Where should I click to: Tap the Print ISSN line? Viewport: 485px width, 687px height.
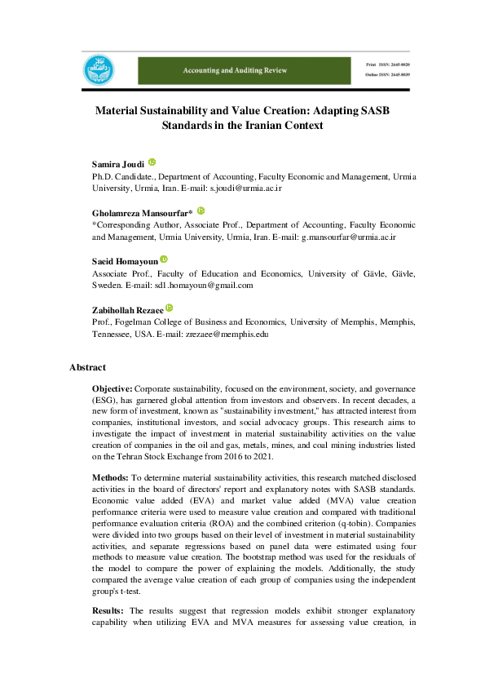[386, 64]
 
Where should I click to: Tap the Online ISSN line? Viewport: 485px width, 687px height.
[386, 75]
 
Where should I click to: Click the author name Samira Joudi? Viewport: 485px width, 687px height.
[117, 164]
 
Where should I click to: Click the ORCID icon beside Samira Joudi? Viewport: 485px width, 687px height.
[152, 162]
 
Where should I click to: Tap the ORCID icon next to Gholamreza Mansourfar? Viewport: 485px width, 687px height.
[201, 210]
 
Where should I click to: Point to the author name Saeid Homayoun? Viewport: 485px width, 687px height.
[123, 260]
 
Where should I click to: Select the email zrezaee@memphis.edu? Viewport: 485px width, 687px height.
[220, 334]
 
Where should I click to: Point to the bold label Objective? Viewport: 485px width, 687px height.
[112, 391]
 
